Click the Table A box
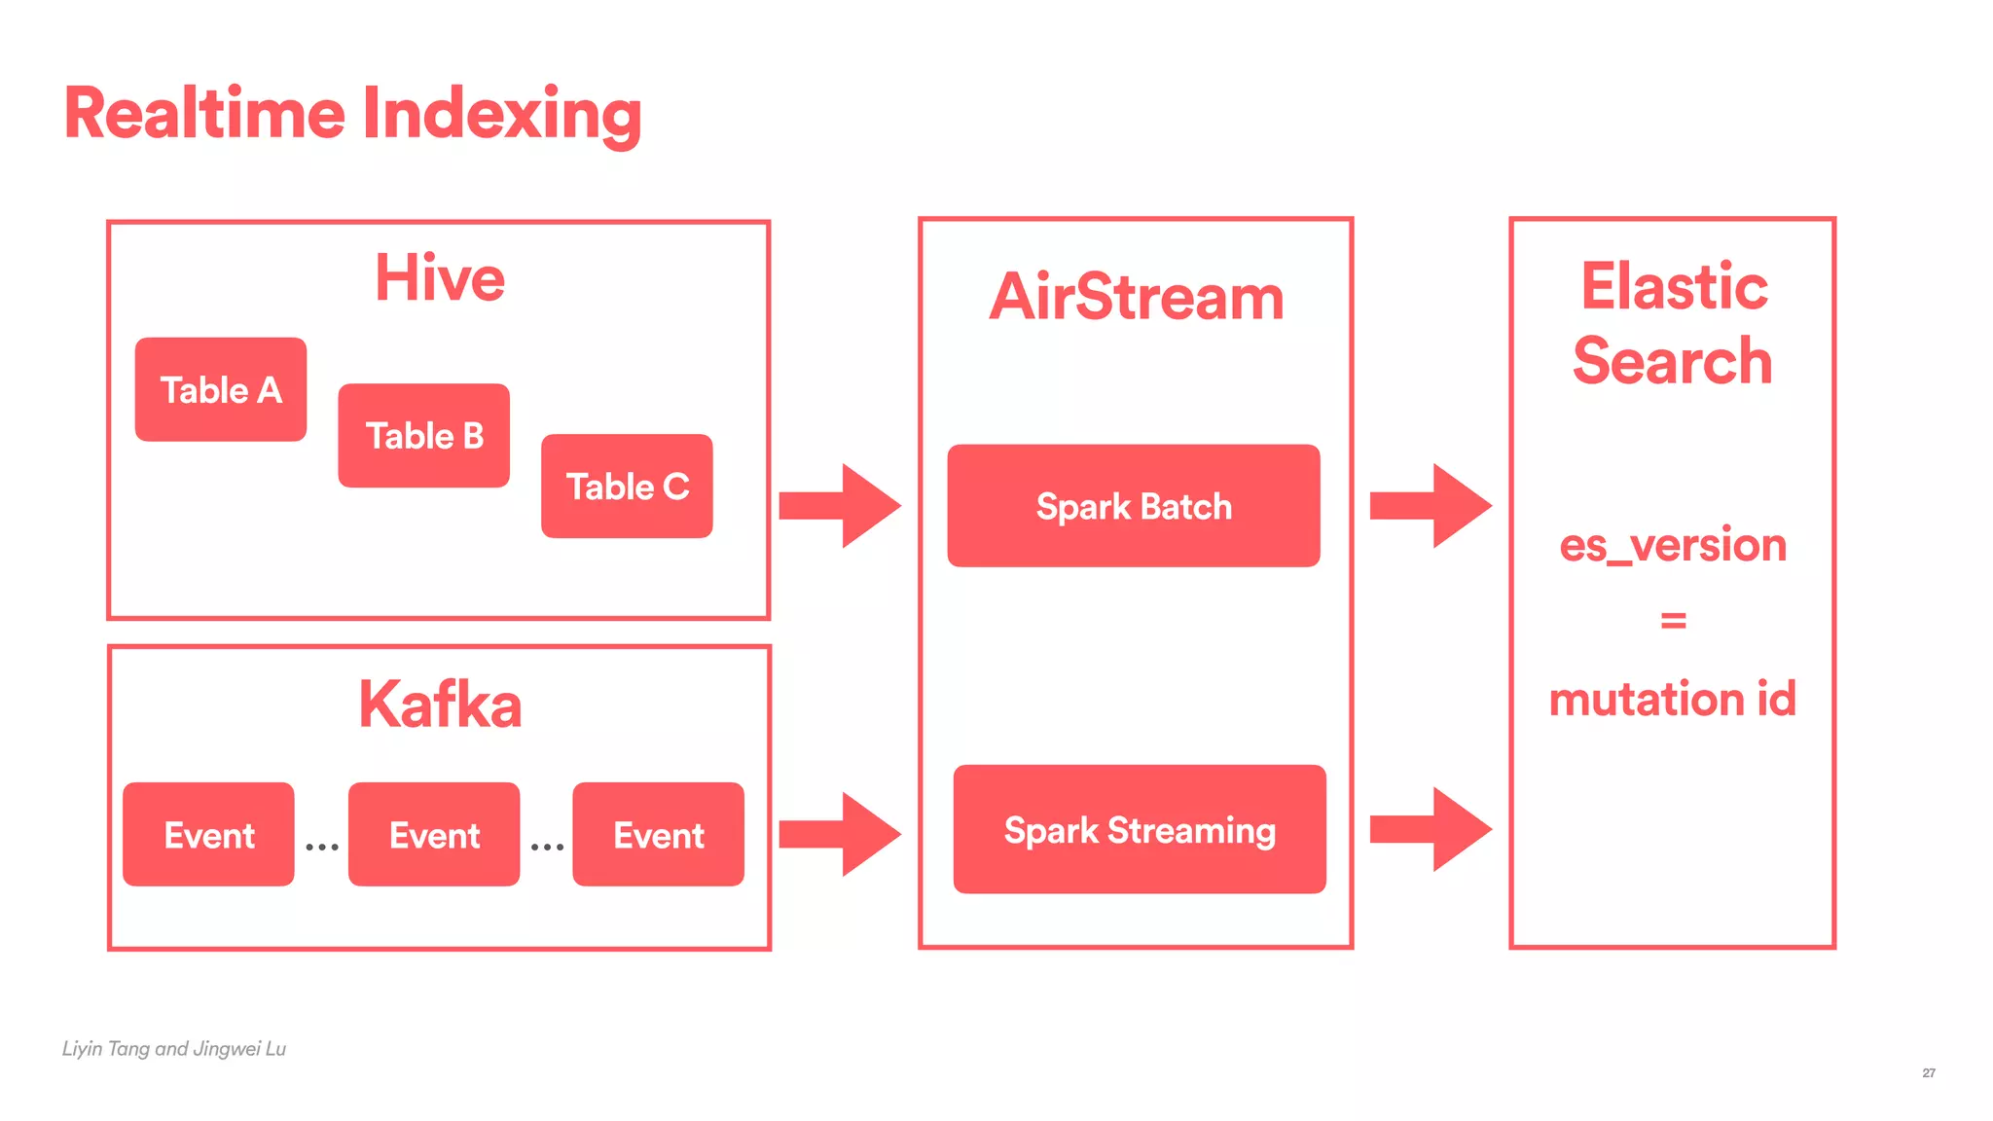pyautogui.click(x=221, y=389)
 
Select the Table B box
pyautogui.click(x=424, y=435)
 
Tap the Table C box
pyautogui.click(x=627, y=486)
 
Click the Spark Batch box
pyautogui.click(x=1134, y=506)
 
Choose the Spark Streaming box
pyautogui.click(x=1140, y=829)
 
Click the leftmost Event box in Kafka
pyautogui.click(x=208, y=834)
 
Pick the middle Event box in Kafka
pyautogui.click(x=434, y=834)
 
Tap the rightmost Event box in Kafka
pyautogui.click(x=659, y=834)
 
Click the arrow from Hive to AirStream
pyautogui.click(x=841, y=506)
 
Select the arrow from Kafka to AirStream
pyautogui.click(x=841, y=833)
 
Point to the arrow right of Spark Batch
pyautogui.click(x=1431, y=506)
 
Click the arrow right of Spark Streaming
pyautogui.click(x=1431, y=829)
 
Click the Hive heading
pyautogui.click(x=440, y=278)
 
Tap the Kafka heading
pyautogui.click(x=440, y=705)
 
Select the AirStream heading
pyautogui.click(x=1137, y=297)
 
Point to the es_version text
pyautogui.click(x=1673, y=545)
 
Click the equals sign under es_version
pyautogui.click(x=1673, y=620)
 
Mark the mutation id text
pyautogui.click(x=1673, y=699)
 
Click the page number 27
pyautogui.click(x=1928, y=1072)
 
